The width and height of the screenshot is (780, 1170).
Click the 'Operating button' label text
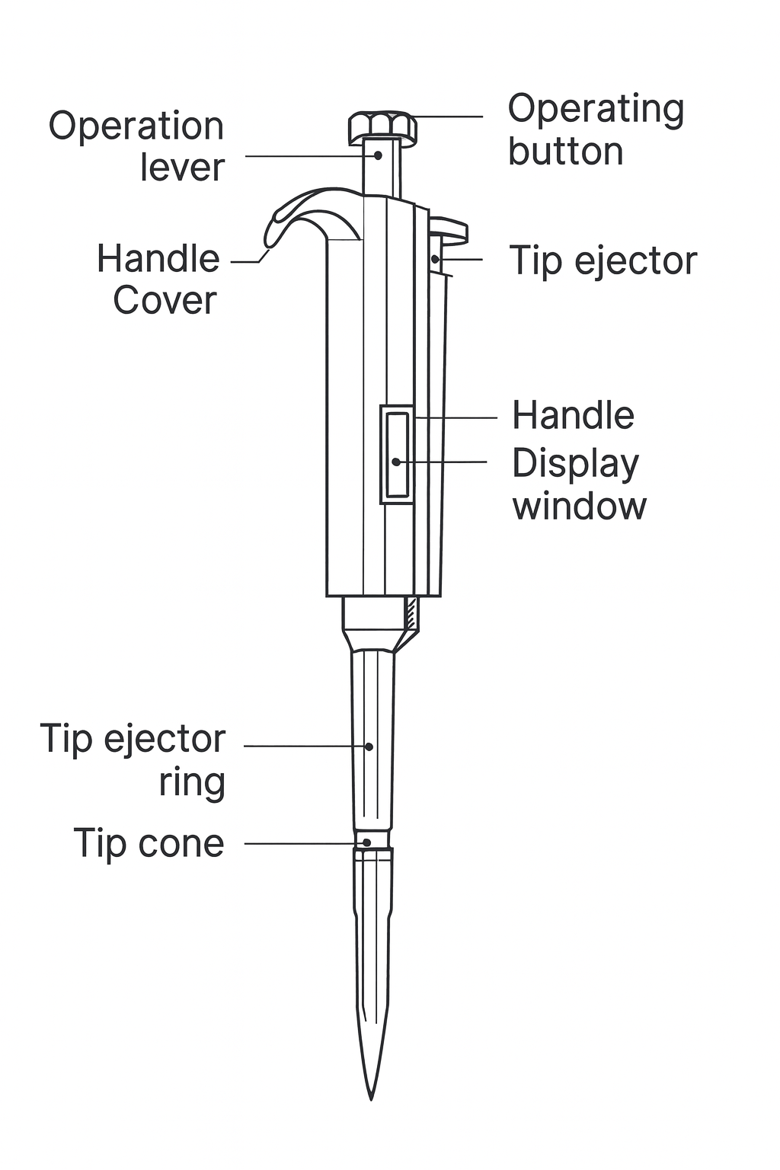[x=596, y=130]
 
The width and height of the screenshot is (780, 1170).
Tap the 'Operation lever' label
[x=137, y=147]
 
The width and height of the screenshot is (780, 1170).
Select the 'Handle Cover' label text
[x=158, y=280]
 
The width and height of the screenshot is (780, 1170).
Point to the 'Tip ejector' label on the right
[x=603, y=261]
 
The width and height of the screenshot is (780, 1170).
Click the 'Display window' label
[x=578, y=484]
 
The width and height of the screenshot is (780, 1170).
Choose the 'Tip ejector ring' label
[x=133, y=760]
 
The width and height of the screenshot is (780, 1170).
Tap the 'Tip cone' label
[x=149, y=843]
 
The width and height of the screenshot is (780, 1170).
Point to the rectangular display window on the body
[x=397, y=455]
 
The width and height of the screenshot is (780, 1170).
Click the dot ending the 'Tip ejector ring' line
[x=369, y=746]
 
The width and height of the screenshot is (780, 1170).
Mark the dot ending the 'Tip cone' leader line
[x=367, y=842]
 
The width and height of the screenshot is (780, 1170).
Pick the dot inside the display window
[x=396, y=462]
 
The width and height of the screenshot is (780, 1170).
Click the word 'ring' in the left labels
[x=192, y=782]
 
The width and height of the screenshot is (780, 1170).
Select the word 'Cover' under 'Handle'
[x=165, y=300]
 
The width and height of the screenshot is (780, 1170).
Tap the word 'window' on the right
[x=579, y=506]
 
